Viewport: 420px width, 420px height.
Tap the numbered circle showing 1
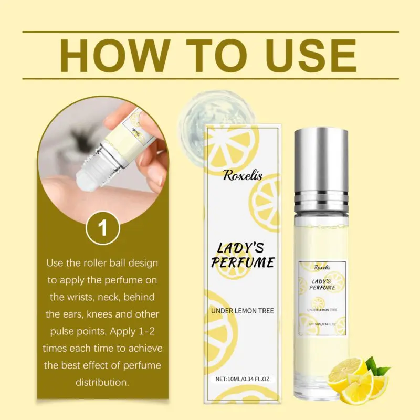tap(103, 228)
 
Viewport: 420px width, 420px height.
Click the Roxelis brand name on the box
tap(243, 176)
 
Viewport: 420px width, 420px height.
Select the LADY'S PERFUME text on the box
tap(243, 256)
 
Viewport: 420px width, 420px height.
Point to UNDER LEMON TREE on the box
tap(243, 311)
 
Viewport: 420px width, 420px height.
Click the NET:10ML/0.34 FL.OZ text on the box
tap(243, 379)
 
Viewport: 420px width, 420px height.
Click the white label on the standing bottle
tap(322, 299)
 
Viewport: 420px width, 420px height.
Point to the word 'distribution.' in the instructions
tap(102, 382)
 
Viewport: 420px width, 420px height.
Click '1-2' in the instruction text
tap(147, 331)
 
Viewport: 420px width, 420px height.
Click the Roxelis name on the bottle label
tap(322, 267)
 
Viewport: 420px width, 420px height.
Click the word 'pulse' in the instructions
tap(61, 332)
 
